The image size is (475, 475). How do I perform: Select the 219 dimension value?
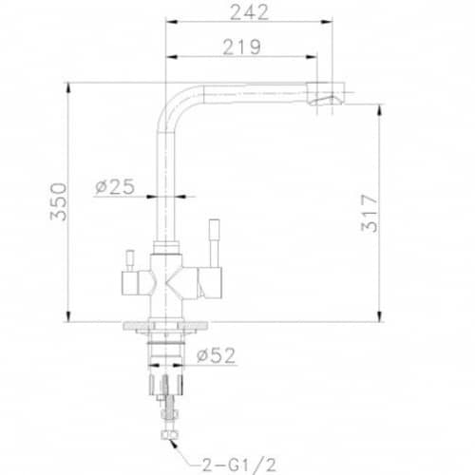coord(241,47)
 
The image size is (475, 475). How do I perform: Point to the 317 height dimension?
coord(370,213)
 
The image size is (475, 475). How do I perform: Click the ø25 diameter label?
coord(115,187)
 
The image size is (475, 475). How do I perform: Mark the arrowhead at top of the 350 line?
coord(71,87)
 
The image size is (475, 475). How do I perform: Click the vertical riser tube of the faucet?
coord(164,180)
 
